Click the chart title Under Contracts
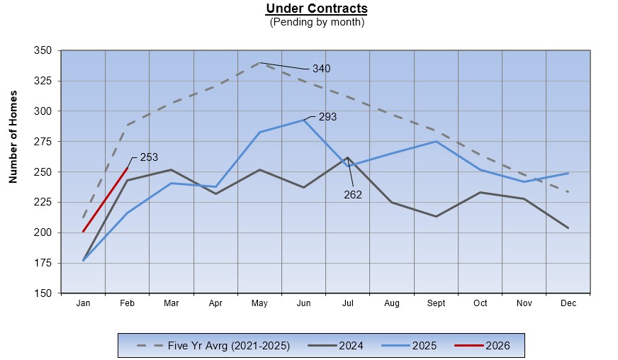(317, 9)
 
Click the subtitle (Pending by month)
(317, 22)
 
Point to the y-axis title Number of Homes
(13, 137)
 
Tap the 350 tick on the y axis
(43, 51)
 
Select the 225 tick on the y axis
(43, 202)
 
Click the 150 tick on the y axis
(43, 293)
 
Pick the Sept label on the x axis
(436, 303)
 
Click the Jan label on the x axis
(83, 303)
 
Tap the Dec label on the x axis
(568, 303)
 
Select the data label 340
(321, 69)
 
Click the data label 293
(327, 117)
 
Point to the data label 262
(353, 194)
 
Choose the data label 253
(148, 157)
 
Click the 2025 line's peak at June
(304, 120)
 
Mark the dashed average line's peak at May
(260, 63)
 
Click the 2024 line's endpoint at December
(568, 227)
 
